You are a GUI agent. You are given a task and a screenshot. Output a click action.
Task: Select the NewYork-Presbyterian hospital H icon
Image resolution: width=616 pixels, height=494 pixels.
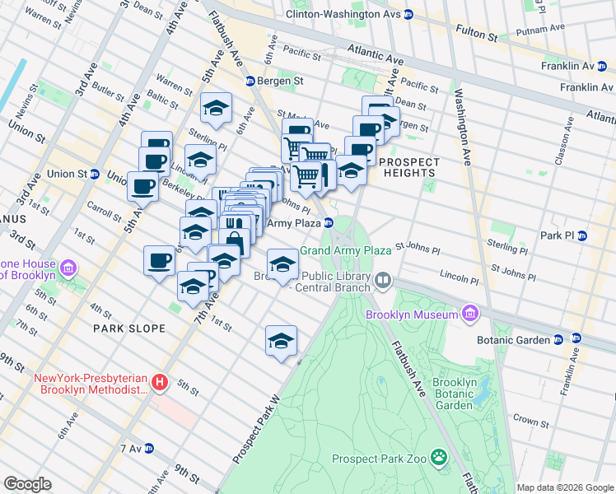click(x=161, y=383)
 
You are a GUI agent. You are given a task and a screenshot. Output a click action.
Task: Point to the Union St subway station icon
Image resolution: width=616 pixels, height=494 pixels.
click(x=96, y=175)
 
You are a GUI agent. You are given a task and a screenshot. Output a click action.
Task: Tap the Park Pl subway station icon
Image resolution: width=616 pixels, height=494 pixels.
click(x=581, y=235)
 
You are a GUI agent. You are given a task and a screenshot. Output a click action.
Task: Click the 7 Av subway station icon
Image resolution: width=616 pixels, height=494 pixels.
click(x=149, y=449)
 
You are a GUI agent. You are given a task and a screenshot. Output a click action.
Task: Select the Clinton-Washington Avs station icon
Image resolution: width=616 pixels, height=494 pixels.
click(x=408, y=15)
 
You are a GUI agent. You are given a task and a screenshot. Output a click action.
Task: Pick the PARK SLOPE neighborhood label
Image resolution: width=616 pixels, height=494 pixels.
click(x=129, y=329)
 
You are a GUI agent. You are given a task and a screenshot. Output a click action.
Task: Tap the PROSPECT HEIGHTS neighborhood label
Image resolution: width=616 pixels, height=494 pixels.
click(x=409, y=167)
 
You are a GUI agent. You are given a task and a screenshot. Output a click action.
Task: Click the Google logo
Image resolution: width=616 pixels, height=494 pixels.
click(x=28, y=484)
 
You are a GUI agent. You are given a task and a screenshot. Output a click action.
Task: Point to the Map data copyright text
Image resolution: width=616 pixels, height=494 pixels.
click(x=565, y=487)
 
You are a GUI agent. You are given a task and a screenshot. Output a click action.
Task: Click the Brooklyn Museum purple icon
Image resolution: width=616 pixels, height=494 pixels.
click(x=470, y=314)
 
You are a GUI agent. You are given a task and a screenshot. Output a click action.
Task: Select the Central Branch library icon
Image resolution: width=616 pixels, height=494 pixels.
click(x=382, y=282)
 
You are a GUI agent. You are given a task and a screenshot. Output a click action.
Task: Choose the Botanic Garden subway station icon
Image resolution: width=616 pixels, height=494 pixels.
click(x=558, y=338)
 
